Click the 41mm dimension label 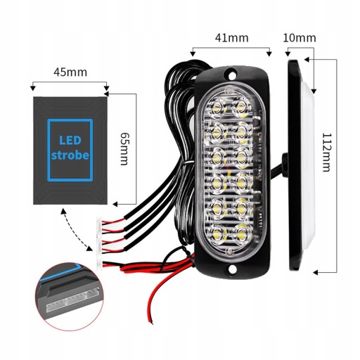pos(232,38)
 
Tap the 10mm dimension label pos(300,38)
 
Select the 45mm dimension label pos(70,72)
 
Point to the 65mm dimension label pos(124,148)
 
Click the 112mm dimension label pos(326,153)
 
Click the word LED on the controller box pos(70,141)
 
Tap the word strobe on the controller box pos(70,155)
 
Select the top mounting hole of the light pos(231,75)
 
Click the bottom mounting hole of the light pos(231,269)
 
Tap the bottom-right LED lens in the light pos(241,233)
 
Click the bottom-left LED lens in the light pos(217,233)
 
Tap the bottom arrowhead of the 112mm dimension pos(316,273)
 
